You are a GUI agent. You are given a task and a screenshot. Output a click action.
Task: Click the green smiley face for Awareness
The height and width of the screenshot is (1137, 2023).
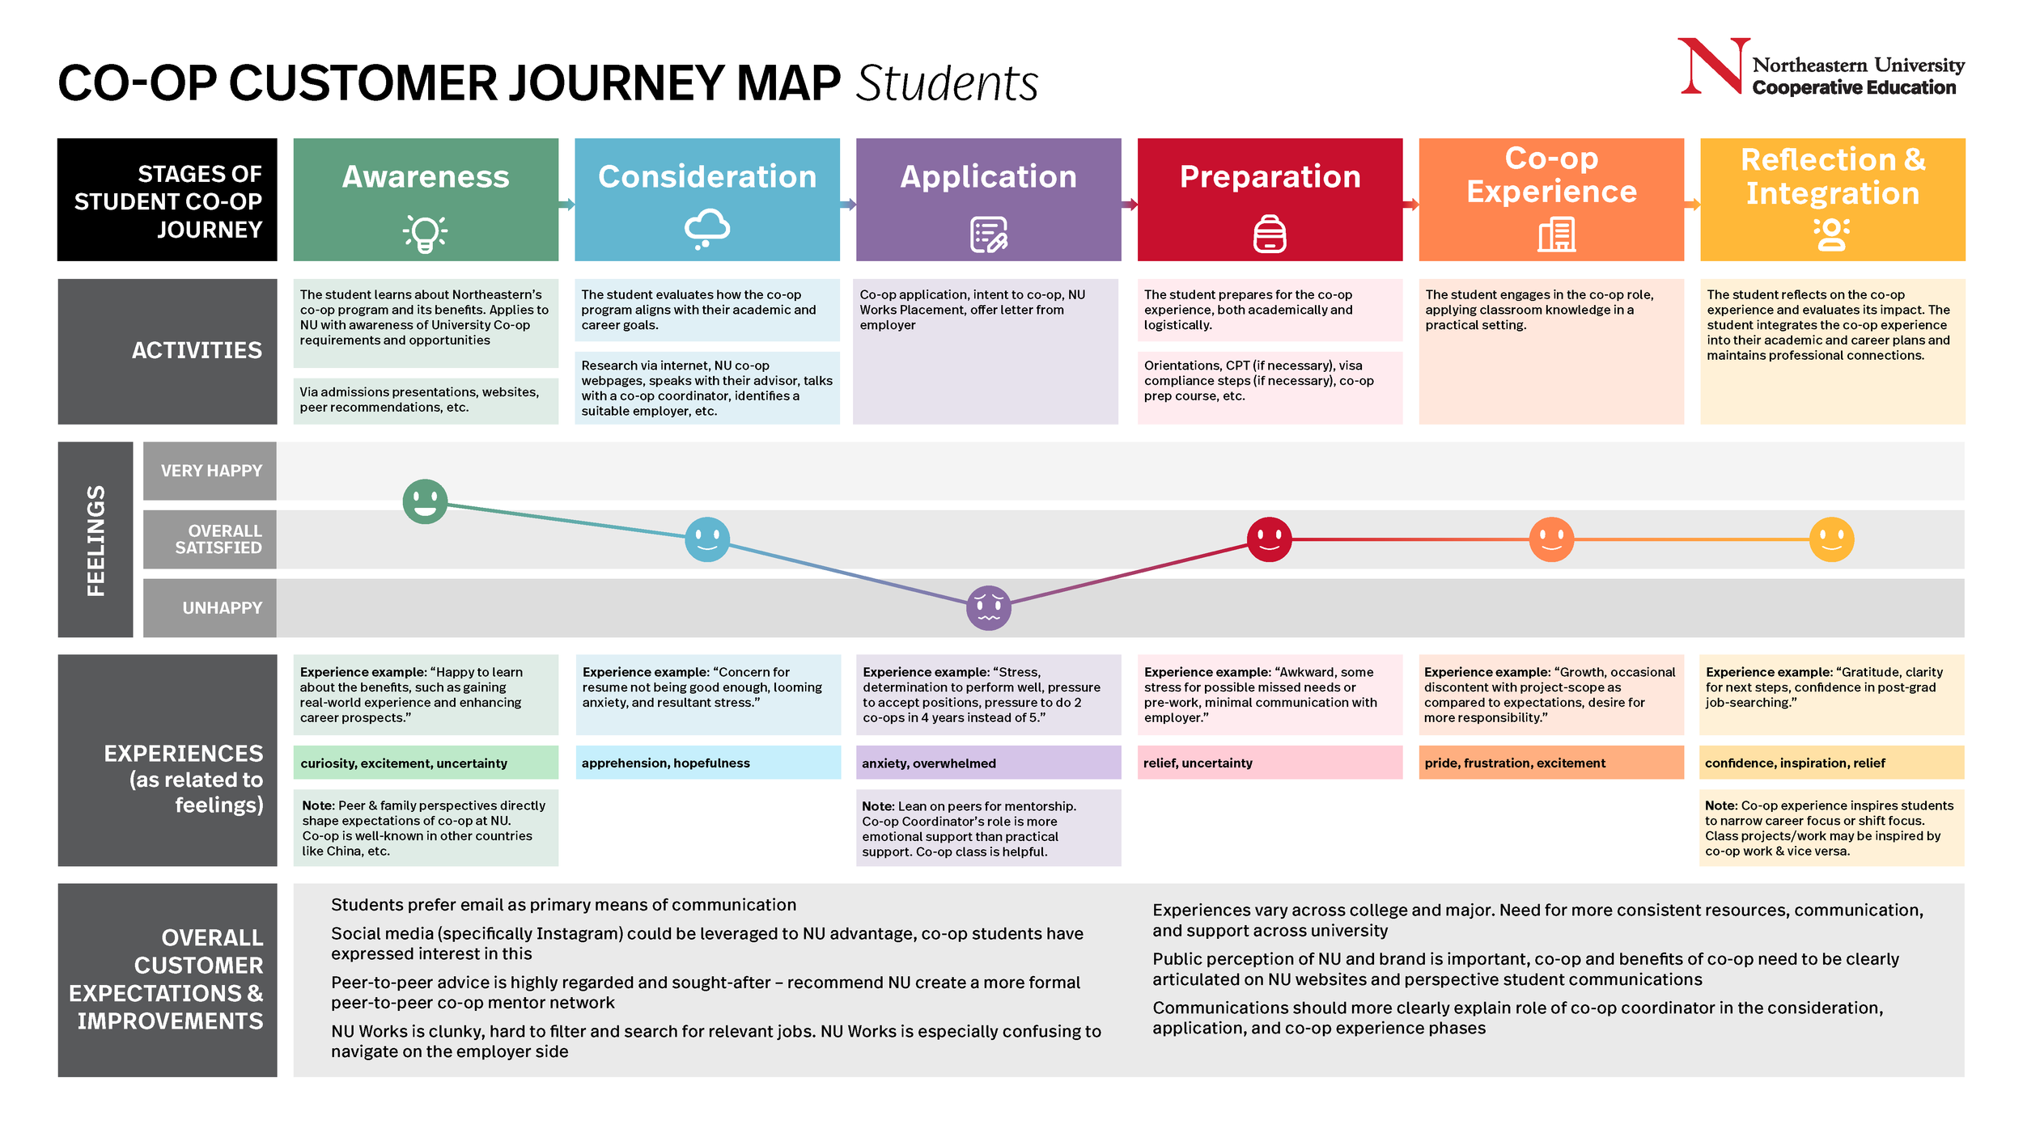pyautogui.click(x=425, y=501)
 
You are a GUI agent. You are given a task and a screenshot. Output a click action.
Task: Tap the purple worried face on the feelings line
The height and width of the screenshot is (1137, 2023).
pyautogui.click(x=988, y=607)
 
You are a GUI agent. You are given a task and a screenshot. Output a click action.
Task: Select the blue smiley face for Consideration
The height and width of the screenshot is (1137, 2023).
pyautogui.click(x=706, y=539)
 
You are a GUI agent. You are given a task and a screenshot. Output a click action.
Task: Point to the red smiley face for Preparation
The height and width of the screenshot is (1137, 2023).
pyautogui.click(x=1269, y=539)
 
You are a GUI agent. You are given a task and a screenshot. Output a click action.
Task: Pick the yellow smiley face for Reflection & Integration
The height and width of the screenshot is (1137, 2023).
pyautogui.click(x=1831, y=539)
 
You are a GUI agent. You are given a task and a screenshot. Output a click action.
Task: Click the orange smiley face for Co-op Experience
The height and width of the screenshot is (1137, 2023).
pyautogui.click(x=1550, y=539)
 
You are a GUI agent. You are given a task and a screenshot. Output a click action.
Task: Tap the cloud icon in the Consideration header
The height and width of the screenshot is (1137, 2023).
pyautogui.click(x=706, y=229)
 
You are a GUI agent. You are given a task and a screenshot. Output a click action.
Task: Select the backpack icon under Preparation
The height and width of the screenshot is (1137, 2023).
pyautogui.click(x=1269, y=234)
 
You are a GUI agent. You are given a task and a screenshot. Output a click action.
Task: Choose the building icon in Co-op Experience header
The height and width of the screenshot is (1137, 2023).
pyautogui.click(x=1555, y=235)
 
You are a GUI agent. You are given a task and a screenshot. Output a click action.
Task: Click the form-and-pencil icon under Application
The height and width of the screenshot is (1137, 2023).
pyautogui.click(x=988, y=235)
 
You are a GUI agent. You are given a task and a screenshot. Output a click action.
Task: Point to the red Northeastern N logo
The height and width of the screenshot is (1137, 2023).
pyautogui.click(x=1712, y=66)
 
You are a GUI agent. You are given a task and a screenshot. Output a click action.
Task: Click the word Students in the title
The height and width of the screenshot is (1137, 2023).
pyautogui.click(x=946, y=83)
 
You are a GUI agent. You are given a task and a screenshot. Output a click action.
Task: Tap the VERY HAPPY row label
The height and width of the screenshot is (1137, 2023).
pyautogui.click(x=211, y=471)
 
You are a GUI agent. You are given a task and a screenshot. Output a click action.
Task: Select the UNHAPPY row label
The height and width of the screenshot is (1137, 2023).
pyautogui.click(x=222, y=607)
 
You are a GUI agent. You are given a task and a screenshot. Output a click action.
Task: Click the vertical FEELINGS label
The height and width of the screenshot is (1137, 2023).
pyautogui.click(x=95, y=540)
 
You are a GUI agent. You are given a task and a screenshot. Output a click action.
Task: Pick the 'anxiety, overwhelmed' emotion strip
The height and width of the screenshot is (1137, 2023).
pyautogui.click(x=988, y=763)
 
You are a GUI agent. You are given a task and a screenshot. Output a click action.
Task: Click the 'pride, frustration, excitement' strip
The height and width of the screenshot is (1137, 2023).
pyautogui.click(x=1550, y=763)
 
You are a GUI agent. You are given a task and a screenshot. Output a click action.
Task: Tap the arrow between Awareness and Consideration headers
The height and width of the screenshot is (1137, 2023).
pyautogui.click(x=566, y=205)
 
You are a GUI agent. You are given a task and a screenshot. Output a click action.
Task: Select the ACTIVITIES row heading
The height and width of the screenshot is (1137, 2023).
pyautogui.click(x=197, y=350)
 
